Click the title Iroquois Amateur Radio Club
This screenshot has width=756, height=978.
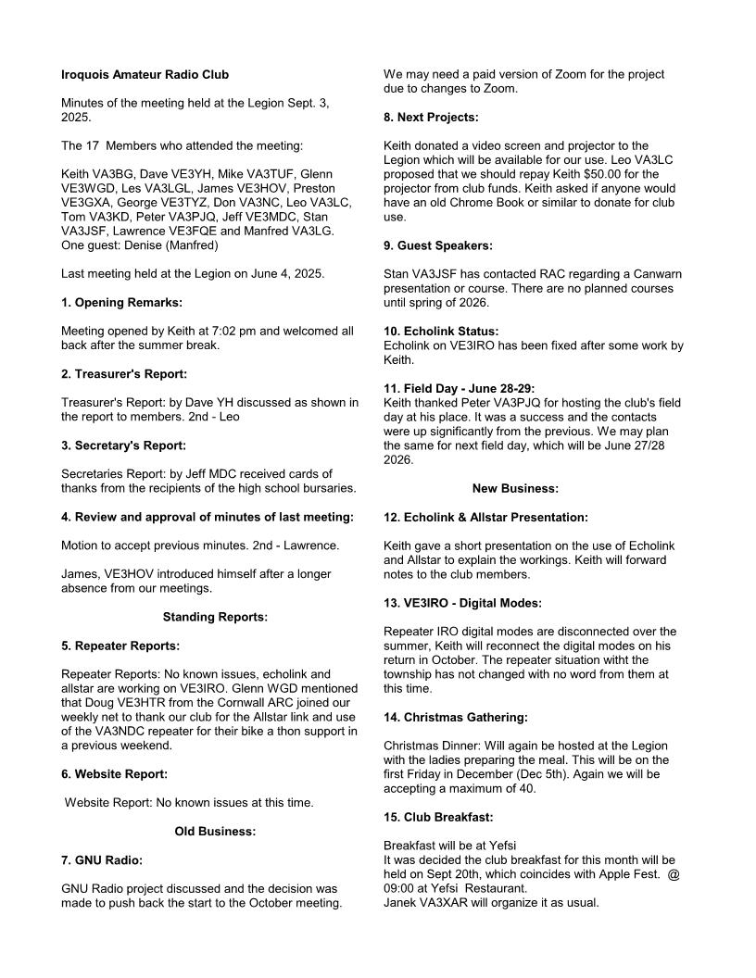145,74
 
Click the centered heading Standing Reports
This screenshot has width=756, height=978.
215,617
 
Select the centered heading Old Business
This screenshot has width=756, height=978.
215,832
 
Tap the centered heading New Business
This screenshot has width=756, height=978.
515,488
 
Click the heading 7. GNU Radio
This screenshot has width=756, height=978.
102,860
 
